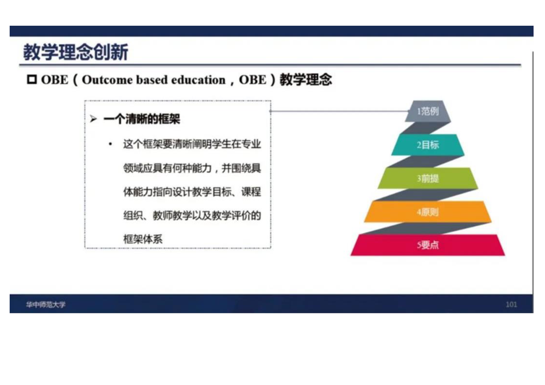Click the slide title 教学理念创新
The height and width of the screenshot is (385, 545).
(x=76, y=52)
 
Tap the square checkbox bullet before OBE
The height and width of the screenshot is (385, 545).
(x=32, y=80)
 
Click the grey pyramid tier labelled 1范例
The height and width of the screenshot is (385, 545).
(x=428, y=111)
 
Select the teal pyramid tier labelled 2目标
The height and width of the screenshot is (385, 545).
(x=428, y=145)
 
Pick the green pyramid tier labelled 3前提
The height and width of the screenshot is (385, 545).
(x=428, y=178)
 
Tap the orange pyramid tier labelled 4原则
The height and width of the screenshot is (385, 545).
(x=428, y=212)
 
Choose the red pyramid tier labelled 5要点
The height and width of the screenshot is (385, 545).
(x=428, y=245)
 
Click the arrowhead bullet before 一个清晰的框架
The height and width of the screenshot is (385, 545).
(x=93, y=119)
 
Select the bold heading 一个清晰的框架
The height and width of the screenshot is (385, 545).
(x=142, y=119)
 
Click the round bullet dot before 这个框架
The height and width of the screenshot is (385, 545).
(x=111, y=144)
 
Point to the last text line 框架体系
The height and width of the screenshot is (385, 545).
(x=143, y=239)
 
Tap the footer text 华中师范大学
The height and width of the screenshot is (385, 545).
(x=46, y=305)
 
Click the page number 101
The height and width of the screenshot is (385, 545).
(x=511, y=305)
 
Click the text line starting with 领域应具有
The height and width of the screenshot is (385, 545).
(x=192, y=168)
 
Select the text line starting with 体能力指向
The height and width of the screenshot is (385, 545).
(x=192, y=192)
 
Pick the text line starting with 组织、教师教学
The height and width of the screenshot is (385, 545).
(x=192, y=216)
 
